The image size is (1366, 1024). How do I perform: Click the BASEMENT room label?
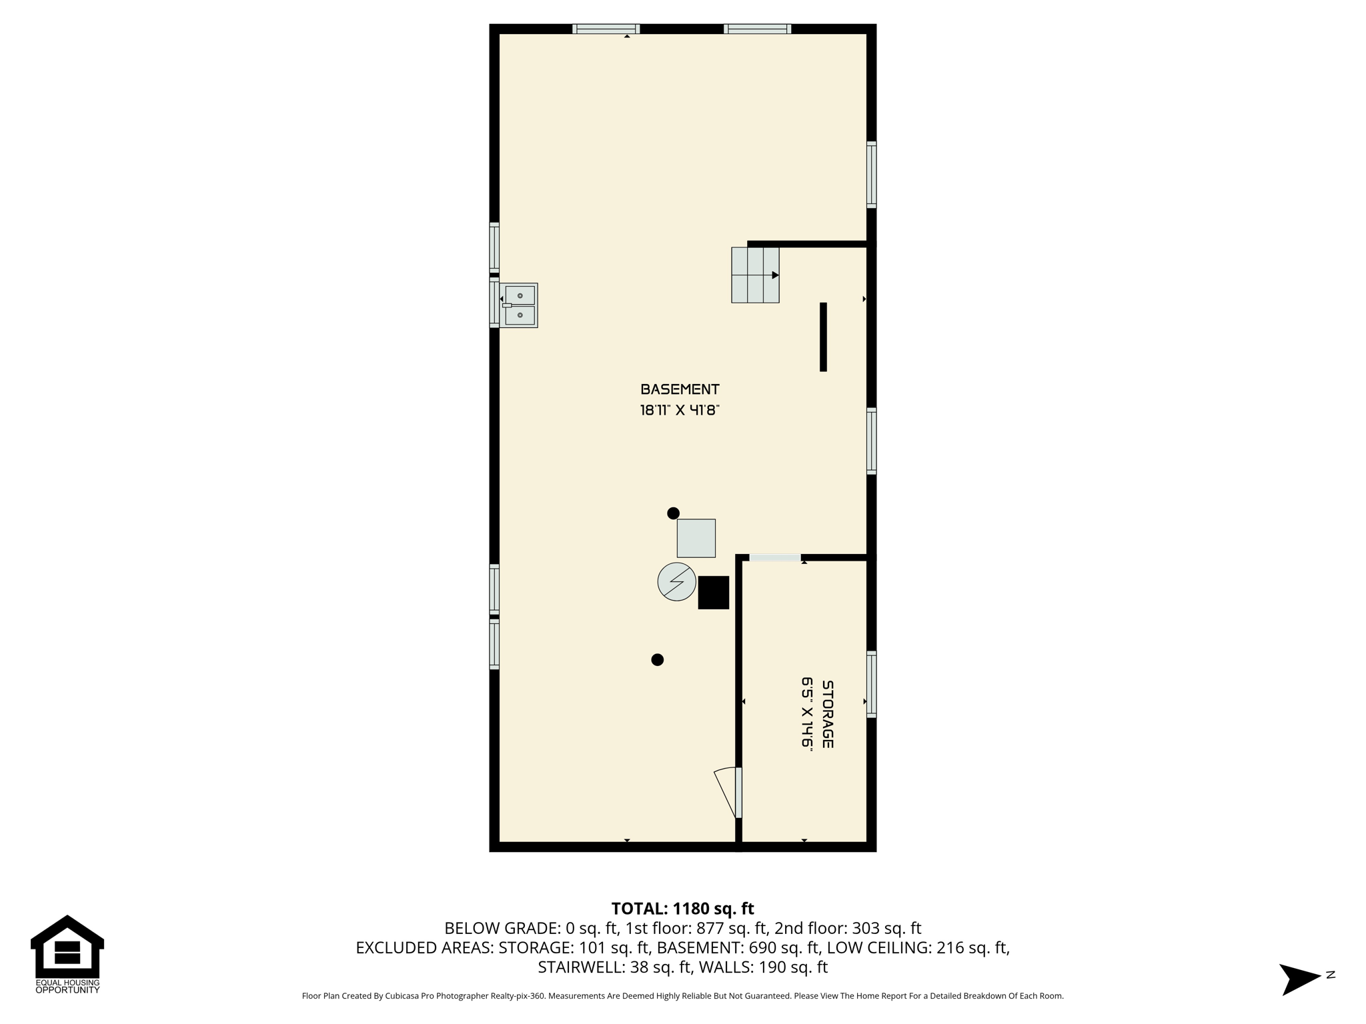(680, 389)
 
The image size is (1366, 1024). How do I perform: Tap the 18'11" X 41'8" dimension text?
(680, 410)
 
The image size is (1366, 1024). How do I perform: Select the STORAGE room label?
(827, 714)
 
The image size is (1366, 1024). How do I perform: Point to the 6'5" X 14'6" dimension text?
(807, 714)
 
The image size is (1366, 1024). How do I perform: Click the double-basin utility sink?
(519, 305)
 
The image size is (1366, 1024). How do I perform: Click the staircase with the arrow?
(755, 275)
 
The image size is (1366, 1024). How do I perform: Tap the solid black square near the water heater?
(713, 592)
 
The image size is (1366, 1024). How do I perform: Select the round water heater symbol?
(676, 581)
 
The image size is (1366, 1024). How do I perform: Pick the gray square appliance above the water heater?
(696, 538)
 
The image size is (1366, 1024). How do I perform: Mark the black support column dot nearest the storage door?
(657, 660)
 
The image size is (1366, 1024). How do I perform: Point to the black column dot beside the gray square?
(673, 513)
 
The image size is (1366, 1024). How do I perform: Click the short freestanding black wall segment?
(823, 337)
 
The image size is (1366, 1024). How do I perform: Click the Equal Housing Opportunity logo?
(67, 955)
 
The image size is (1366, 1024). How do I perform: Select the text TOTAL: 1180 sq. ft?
(682, 909)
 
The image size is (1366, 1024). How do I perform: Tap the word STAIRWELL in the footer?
(581, 967)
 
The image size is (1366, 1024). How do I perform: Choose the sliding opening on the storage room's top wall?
(774, 557)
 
